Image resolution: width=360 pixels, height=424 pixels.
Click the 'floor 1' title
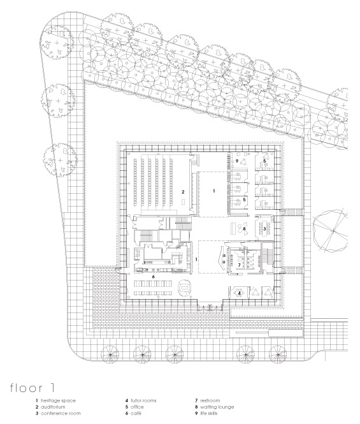(x=32, y=388)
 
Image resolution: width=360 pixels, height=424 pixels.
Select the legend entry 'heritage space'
(x=58, y=400)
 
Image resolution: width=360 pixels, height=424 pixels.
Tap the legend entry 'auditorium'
(x=53, y=407)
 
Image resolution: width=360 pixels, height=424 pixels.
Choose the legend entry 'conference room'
(x=61, y=413)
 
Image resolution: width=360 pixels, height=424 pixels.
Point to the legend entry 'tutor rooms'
(x=143, y=400)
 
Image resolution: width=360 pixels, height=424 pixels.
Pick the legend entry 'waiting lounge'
(x=217, y=407)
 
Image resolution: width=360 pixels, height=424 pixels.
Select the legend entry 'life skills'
(x=208, y=413)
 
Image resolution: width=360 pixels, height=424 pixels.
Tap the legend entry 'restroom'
(x=210, y=400)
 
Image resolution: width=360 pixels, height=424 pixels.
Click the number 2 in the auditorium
(x=183, y=192)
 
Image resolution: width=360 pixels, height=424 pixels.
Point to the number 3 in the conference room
(x=264, y=228)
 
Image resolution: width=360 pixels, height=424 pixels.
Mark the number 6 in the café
(x=154, y=277)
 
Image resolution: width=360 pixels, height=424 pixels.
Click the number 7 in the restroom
(x=239, y=265)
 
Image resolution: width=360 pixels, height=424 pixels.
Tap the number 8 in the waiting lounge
(x=244, y=228)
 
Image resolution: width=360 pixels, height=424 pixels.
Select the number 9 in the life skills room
(x=237, y=161)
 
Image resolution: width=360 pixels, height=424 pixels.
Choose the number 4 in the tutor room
(x=239, y=293)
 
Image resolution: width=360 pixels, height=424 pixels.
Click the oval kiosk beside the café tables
(x=185, y=288)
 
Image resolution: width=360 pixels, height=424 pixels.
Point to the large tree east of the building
(x=331, y=230)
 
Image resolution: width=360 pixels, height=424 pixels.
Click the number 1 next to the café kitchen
(x=196, y=260)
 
